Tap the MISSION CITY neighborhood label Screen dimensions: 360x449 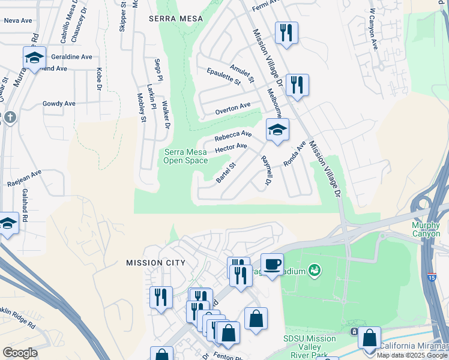coord(155,263)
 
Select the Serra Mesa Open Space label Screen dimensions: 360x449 coord(185,156)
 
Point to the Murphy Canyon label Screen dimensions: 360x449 coord(430,229)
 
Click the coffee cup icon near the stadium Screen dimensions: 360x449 coord(272,264)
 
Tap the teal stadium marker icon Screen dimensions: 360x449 coord(313,271)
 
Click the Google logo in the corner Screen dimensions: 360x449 coord(19,353)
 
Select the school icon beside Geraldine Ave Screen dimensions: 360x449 coord(35,58)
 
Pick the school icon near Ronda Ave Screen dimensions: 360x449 coord(277,130)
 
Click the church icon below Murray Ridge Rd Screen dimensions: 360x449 coord(10,117)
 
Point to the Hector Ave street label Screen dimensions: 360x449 coord(231,146)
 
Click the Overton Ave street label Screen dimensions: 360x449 coord(232,109)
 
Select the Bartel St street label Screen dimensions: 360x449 coord(226,172)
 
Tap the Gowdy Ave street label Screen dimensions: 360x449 coord(59,103)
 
